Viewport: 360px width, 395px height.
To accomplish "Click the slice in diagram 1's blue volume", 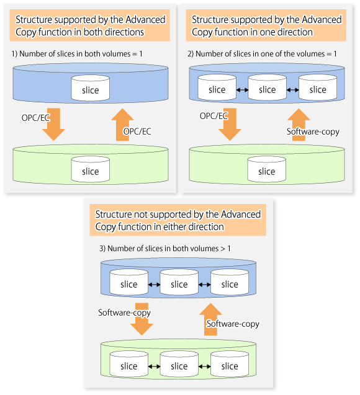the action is point(91,87).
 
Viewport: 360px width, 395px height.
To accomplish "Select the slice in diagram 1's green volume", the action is point(91,169).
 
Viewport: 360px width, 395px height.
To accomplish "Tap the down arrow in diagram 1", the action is point(54,125).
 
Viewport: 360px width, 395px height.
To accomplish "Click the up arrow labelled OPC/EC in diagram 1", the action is point(122,125).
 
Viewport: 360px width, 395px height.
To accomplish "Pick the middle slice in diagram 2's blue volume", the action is point(268,87).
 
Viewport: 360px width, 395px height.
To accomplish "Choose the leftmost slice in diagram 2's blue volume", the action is point(217,87).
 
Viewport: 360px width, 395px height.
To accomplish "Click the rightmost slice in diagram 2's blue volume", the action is point(318,87).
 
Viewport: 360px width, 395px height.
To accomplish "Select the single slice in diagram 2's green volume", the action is point(267,169).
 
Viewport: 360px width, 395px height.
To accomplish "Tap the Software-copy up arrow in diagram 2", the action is point(299,125).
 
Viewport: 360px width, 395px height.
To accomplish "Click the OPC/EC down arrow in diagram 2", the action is point(230,125).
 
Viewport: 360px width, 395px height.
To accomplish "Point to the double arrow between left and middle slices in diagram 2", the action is point(242,90).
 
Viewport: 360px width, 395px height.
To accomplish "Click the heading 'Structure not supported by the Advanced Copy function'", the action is point(178,220).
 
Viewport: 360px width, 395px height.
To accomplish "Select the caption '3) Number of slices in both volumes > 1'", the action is point(165,249).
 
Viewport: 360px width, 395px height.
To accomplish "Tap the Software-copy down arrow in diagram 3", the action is point(142,319).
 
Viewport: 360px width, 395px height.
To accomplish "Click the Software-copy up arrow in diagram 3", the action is point(210,319).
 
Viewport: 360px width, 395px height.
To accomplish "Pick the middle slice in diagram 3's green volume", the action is point(179,364).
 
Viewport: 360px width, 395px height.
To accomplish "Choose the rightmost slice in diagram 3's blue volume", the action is point(230,282).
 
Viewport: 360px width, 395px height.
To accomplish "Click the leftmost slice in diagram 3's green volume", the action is point(129,364).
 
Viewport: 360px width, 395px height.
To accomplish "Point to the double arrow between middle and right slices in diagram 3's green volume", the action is point(204,366).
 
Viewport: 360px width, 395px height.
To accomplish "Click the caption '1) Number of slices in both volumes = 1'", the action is point(77,54).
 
